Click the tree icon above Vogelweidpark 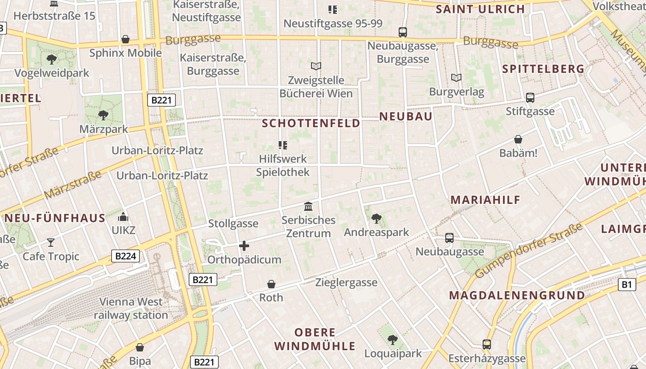point(51,59)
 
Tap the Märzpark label point(103,129)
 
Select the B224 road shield point(126,256)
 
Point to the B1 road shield point(626,285)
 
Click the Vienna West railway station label point(131,309)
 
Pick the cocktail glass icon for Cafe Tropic point(51,242)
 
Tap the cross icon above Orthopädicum point(244,246)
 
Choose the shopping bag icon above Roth point(271,284)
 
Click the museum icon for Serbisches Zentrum point(308,206)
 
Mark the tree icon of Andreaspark point(377,218)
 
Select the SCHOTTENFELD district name point(311,123)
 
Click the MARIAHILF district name point(485,200)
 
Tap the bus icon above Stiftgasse point(530,98)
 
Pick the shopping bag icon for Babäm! point(518,139)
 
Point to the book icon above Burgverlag point(456,78)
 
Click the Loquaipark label point(393,354)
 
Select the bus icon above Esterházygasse point(487,344)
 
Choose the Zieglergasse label point(346,282)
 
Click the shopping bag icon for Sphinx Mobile point(126,39)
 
